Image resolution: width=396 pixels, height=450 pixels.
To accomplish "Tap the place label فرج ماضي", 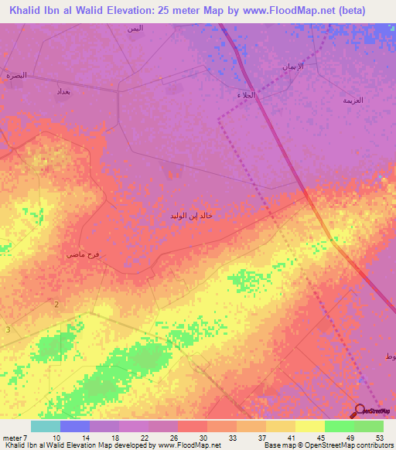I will coord(83,254).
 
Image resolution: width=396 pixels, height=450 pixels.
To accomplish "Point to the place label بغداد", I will coord(63,91).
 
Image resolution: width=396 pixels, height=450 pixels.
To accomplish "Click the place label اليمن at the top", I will coord(135,28).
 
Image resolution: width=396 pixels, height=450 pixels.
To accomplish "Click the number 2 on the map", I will coord(56,305).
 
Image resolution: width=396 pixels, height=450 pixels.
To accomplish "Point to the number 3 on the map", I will coord(9,330).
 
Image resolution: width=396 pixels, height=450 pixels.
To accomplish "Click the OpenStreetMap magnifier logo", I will coord(358,411).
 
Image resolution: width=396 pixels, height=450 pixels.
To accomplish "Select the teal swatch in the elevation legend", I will coord(46,426).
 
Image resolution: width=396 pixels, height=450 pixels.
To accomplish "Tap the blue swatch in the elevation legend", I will coord(75,426).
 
